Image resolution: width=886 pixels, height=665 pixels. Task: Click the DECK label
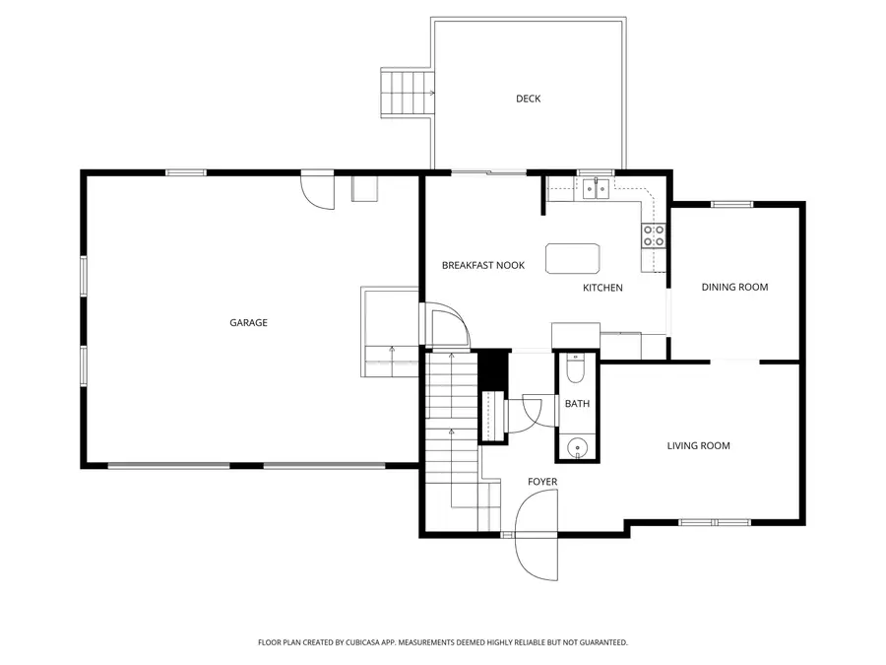pyautogui.click(x=528, y=99)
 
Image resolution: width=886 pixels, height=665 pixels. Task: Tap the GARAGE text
pyautogui.click(x=248, y=322)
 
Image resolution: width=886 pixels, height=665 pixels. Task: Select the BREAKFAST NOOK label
pyautogui.click(x=483, y=265)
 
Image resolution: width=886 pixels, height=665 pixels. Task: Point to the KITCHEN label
pyautogui.click(x=602, y=288)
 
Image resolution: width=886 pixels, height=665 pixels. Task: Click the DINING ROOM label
pyautogui.click(x=734, y=288)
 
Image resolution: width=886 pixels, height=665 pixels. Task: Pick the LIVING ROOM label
pyautogui.click(x=698, y=445)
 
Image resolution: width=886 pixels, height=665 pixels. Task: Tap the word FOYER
pyautogui.click(x=542, y=482)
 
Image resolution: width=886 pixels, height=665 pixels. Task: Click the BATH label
pyautogui.click(x=577, y=404)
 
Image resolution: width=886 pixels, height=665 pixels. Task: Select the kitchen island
pyautogui.click(x=572, y=258)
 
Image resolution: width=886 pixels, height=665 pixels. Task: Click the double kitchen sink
pyautogui.click(x=597, y=188)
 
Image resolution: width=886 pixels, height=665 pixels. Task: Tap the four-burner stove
pyautogui.click(x=654, y=235)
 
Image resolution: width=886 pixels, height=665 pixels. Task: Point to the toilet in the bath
pyautogui.click(x=576, y=368)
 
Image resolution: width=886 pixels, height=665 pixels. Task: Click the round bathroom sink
pyautogui.click(x=577, y=446)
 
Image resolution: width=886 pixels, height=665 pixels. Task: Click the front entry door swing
pyautogui.click(x=537, y=535)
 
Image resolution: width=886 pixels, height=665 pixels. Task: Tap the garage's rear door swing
pyautogui.click(x=317, y=190)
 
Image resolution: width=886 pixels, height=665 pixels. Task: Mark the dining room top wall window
pyautogui.click(x=731, y=204)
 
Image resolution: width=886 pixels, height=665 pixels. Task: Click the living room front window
pyautogui.click(x=715, y=522)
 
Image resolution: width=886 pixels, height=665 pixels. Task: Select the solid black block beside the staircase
pyautogui.click(x=493, y=370)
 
